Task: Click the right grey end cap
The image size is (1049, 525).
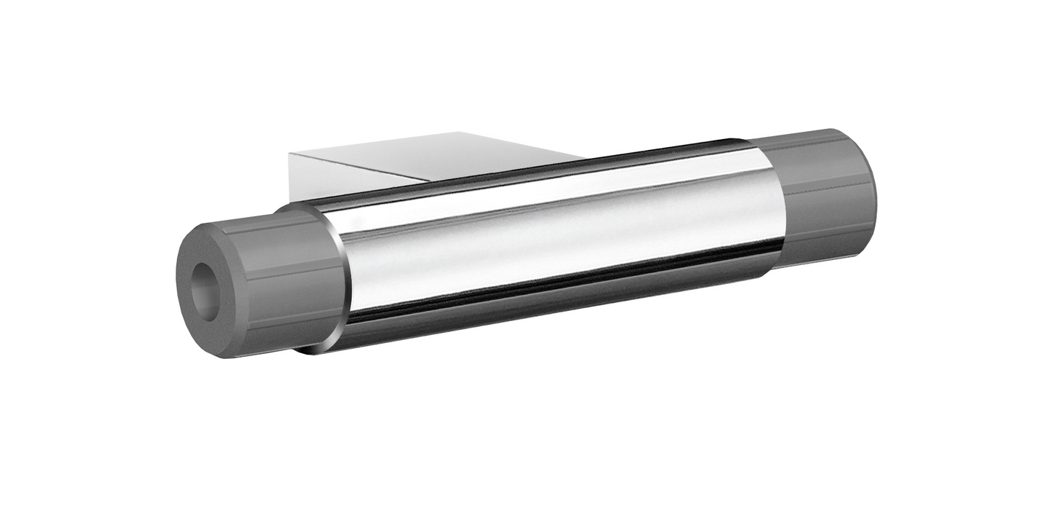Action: pos(823,197)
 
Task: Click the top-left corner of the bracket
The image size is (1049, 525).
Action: pos(290,153)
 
